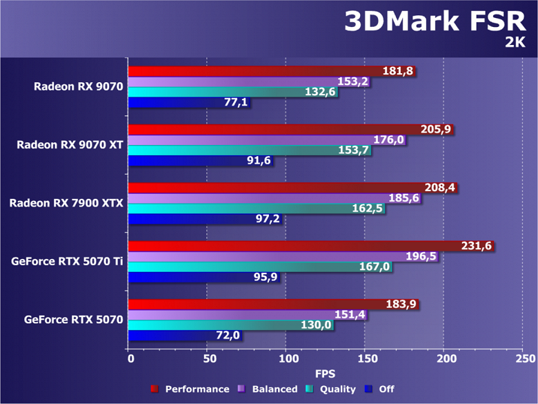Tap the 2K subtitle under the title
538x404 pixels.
pyautogui.click(x=515, y=43)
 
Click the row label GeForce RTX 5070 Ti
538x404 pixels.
pyautogui.click(x=67, y=261)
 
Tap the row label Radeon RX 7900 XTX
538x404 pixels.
pyautogui.click(x=66, y=203)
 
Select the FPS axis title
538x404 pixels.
pyautogui.click(x=326, y=374)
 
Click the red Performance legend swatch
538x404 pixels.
pyautogui.click(x=156, y=389)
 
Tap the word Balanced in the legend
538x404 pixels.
pyautogui.click(x=275, y=389)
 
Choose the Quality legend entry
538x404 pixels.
pyautogui.click(x=332, y=389)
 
